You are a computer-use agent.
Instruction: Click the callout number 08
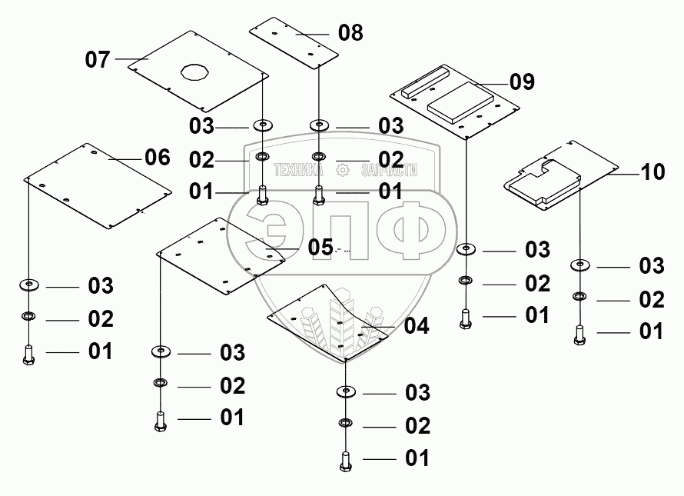pyautogui.click(x=350, y=33)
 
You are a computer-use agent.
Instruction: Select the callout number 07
pyautogui.click(x=98, y=59)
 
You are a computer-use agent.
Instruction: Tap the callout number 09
pyautogui.click(x=522, y=82)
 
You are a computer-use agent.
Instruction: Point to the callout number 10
pyautogui.click(x=652, y=172)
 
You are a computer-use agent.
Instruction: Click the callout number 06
pyautogui.click(x=158, y=157)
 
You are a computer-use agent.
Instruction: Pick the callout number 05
pyautogui.click(x=320, y=247)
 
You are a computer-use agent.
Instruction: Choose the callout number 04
pyautogui.click(x=417, y=326)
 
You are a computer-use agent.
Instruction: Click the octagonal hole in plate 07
pyautogui.click(x=194, y=72)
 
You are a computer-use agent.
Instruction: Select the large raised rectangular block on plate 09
pyautogui.click(x=460, y=102)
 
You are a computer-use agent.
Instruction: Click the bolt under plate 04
pyautogui.click(x=346, y=461)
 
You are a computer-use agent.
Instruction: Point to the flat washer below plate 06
pyautogui.click(x=29, y=285)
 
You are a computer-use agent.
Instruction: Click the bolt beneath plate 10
pyautogui.click(x=579, y=335)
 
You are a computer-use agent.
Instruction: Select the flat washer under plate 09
pyautogui.click(x=467, y=249)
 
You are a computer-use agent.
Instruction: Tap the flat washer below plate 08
pyautogui.click(x=320, y=126)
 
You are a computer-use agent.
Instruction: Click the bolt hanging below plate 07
pyautogui.click(x=262, y=195)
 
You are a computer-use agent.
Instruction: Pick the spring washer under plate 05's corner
pyautogui.click(x=161, y=383)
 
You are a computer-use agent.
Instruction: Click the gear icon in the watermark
pyautogui.click(x=343, y=170)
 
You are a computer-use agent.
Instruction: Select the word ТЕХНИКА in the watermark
pyautogui.click(x=299, y=170)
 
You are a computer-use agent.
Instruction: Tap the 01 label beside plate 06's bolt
pyautogui.click(x=101, y=351)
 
